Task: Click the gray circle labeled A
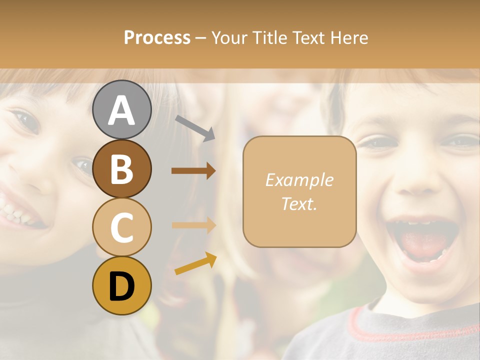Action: point(121,110)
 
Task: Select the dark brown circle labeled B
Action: point(121,169)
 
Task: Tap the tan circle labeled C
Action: point(121,227)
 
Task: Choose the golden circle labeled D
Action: point(121,286)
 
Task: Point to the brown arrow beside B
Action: point(193,171)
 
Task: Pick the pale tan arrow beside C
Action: point(193,225)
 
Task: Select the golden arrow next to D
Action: point(195,263)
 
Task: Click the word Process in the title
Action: point(157,38)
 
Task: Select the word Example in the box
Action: point(299,180)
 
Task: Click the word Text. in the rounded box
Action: point(299,203)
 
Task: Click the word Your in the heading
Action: point(229,38)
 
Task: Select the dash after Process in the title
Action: point(200,38)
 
